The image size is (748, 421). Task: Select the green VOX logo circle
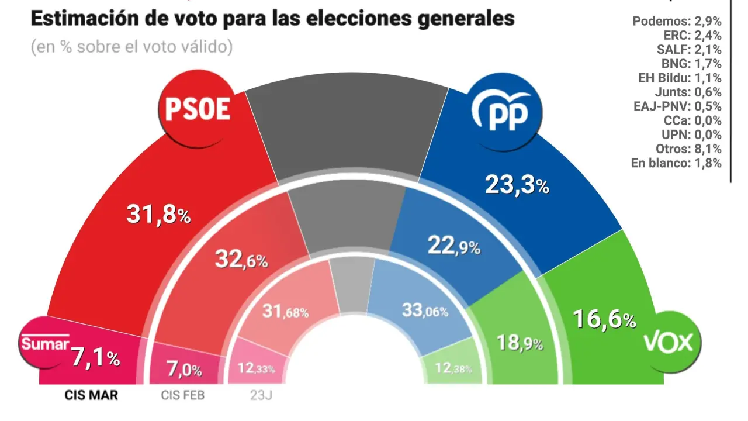point(668,342)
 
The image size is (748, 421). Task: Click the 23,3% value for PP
point(517,185)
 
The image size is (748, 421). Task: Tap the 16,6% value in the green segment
point(604,320)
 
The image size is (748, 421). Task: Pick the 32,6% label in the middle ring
point(241,258)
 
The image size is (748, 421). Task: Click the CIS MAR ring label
point(91,395)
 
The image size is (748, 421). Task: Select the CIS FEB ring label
point(183,395)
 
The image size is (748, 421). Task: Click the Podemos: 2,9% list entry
point(677,22)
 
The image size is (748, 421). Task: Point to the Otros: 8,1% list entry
point(685,149)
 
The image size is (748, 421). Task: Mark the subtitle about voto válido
point(131,47)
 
